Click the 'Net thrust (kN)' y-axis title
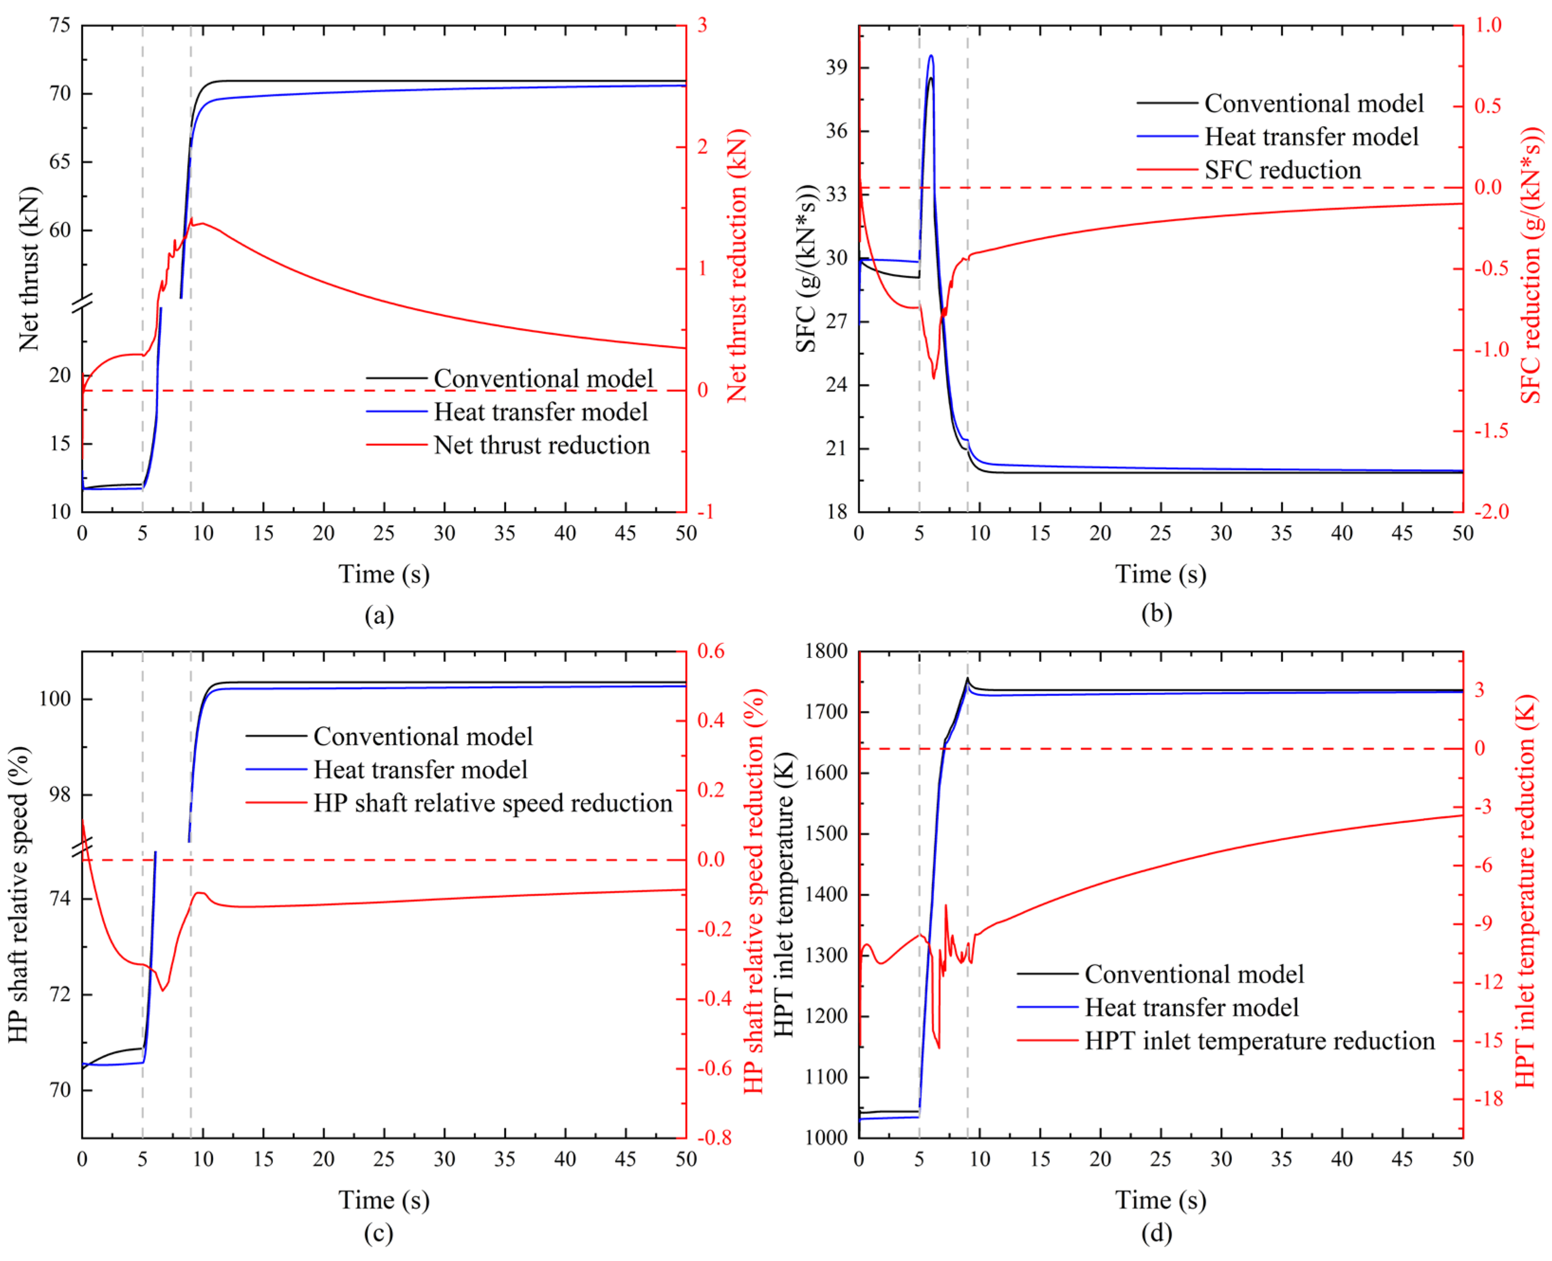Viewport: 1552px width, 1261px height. (29, 269)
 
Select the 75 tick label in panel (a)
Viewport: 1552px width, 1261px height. (60, 26)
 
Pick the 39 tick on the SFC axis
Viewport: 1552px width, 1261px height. (836, 67)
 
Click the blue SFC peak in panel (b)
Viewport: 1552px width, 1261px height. (931, 55)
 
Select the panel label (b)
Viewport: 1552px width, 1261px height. (1157, 614)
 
